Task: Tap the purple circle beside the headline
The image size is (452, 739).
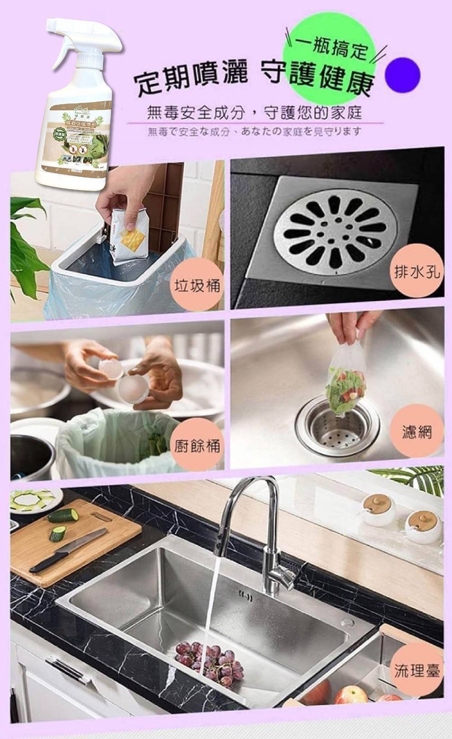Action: [402, 75]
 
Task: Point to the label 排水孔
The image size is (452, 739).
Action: [416, 271]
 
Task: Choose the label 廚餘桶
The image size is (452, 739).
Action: [197, 446]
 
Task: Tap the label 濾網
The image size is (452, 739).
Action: [416, 432]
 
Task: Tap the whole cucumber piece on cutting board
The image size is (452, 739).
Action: [63, 514]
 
